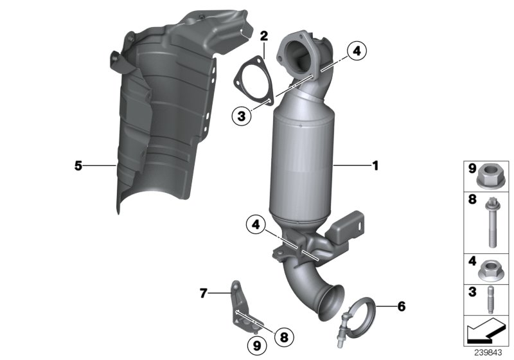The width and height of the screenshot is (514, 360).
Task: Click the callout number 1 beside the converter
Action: (375, 166)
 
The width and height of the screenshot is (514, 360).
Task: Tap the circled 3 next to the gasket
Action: (241, 116)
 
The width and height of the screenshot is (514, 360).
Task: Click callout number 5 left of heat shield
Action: (78, 166)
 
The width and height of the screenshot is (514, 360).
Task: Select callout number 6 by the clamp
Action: (402, 306)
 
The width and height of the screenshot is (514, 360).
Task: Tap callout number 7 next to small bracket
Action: (203, 293)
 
